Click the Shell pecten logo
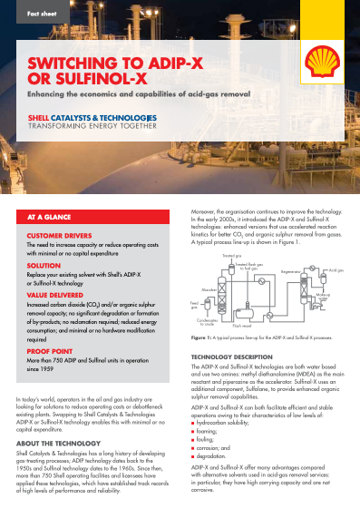[x=322, y=61]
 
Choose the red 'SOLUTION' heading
[x=44, y=265]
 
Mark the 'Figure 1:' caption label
[x=202, y=337]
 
